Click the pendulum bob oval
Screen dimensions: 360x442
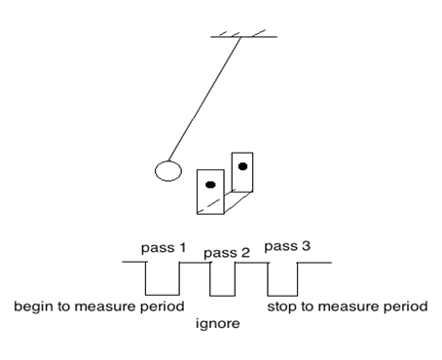[x=168, y=171]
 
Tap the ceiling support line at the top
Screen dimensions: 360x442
[x=244, y=37]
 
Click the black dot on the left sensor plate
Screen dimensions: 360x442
[x=209, y=183]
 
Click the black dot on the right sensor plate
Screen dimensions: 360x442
[x=242, y=166]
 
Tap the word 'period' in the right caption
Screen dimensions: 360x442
[x=408, y=307]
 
